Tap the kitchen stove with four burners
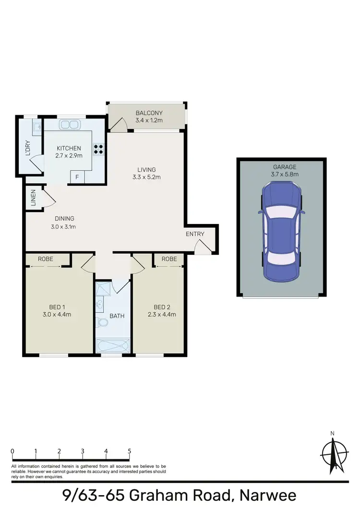pos(98,149)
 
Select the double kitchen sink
pos(70,125)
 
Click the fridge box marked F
pos(77,178)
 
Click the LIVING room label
pos(147,169)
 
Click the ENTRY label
pos(195,234)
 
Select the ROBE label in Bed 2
pos(169,259)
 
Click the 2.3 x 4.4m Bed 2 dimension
pos(162,315)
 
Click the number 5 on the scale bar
pos(129,451)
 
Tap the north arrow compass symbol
pos(332,454)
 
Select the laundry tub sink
pos(36,127)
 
